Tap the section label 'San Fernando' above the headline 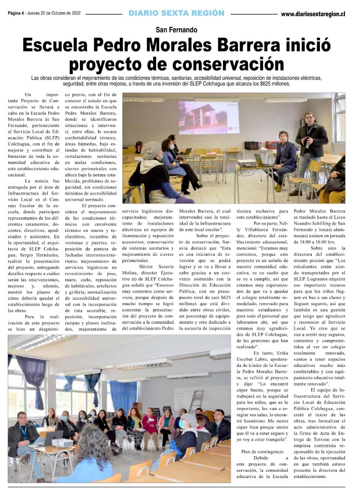coord(180,30)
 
